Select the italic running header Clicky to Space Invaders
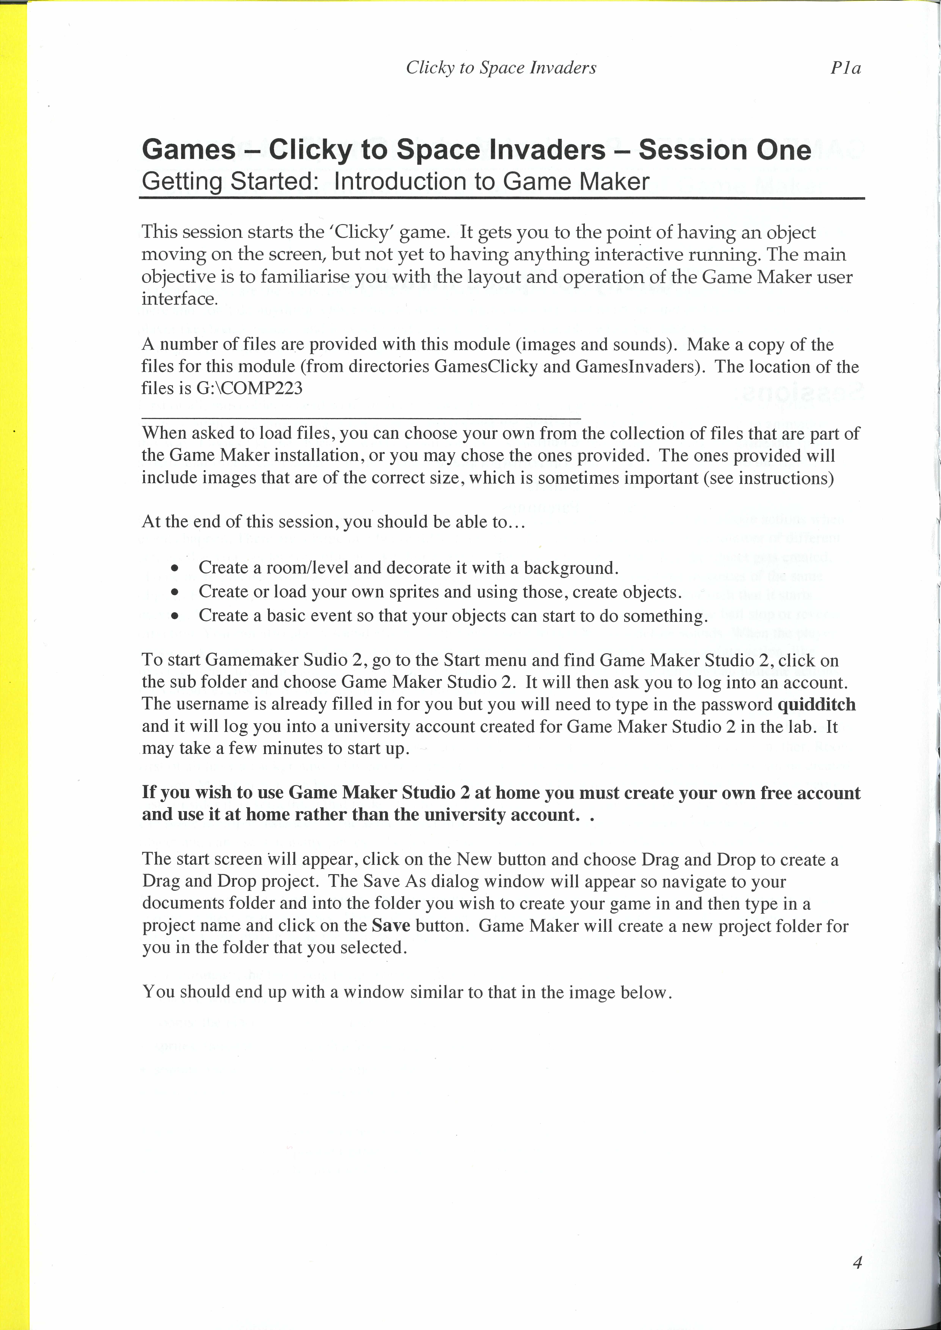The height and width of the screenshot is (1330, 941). point(501,68)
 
